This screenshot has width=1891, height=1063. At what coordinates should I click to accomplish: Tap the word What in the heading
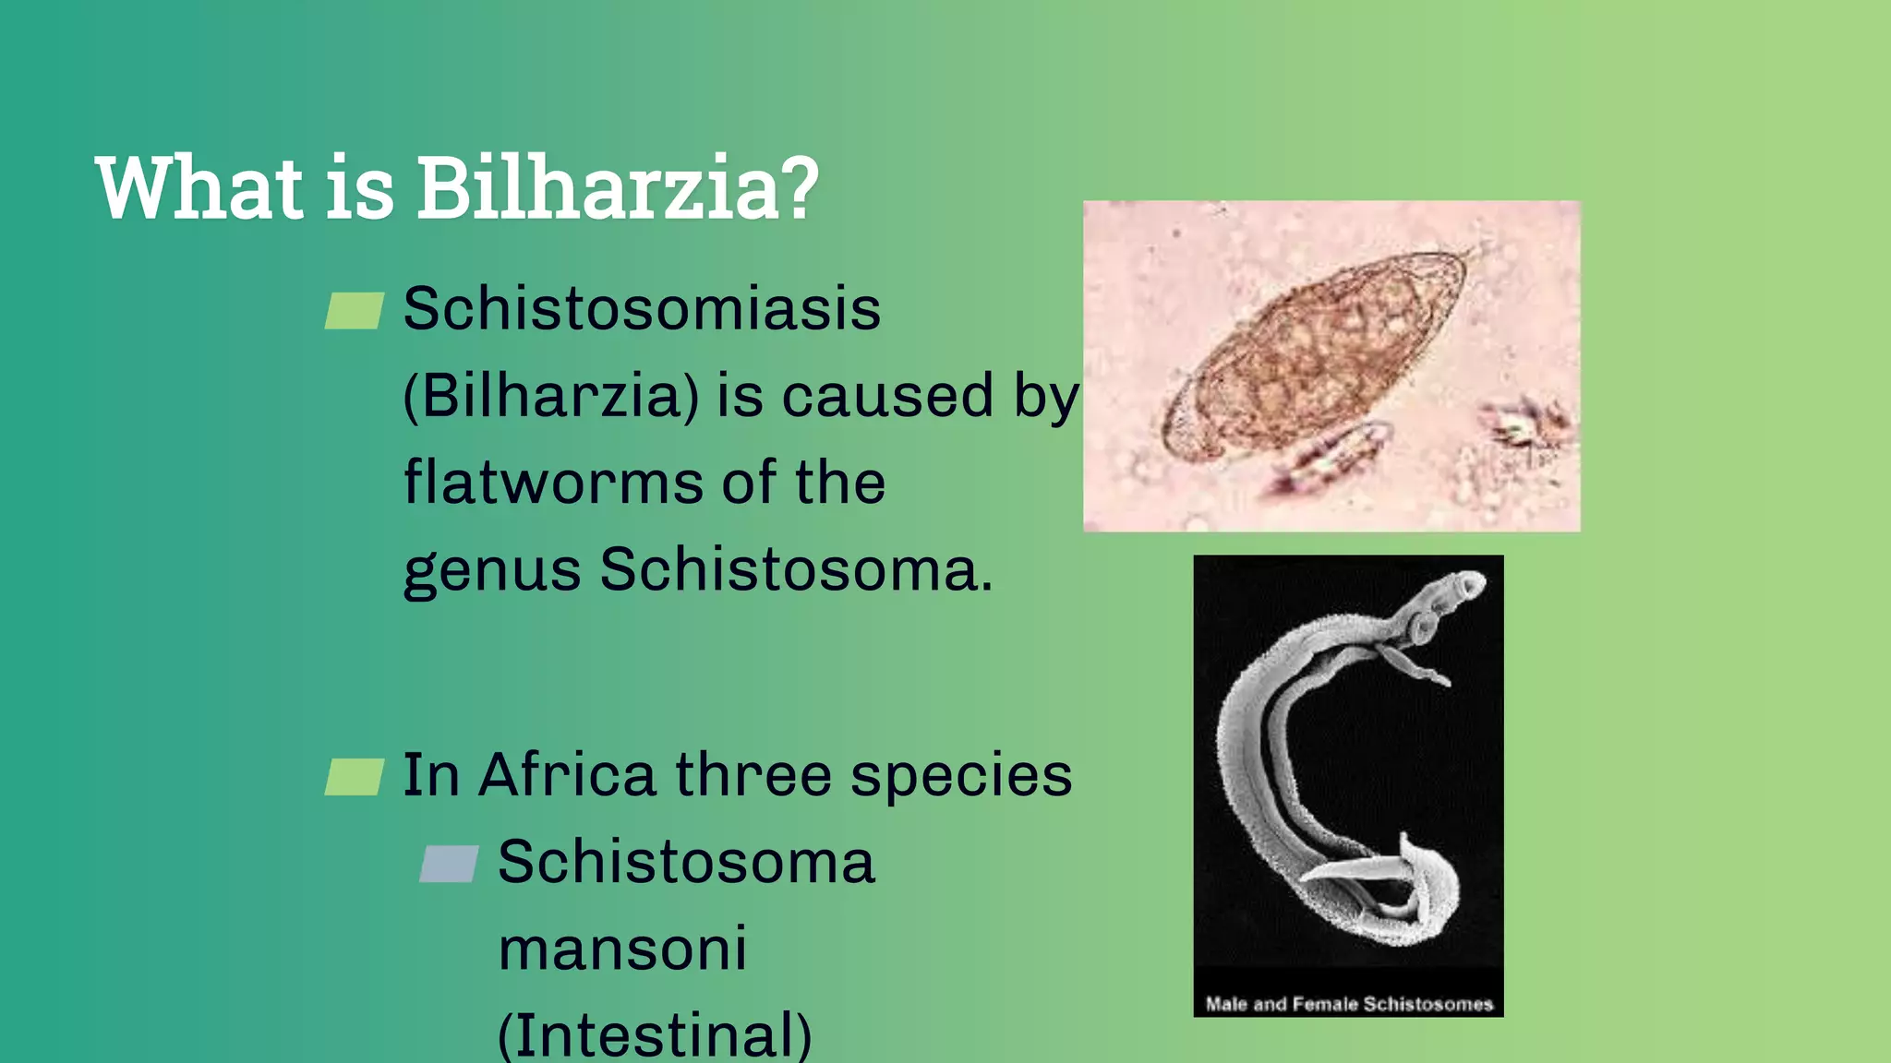199,188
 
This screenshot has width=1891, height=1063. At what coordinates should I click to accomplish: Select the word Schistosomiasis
642,308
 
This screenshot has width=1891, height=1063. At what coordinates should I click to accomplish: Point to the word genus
491,570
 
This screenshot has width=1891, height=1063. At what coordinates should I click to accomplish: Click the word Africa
567,774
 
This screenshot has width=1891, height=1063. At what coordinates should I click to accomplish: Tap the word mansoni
622,949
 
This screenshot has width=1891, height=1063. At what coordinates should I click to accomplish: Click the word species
961,776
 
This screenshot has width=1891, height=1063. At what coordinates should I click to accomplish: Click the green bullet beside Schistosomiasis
355,311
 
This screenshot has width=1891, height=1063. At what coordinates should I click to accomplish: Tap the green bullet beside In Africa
355,777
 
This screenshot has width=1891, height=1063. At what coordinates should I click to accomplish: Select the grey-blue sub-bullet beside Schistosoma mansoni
449,865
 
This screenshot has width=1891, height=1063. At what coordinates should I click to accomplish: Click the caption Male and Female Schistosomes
1348,1004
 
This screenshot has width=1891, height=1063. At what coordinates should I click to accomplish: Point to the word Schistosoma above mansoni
686,862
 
